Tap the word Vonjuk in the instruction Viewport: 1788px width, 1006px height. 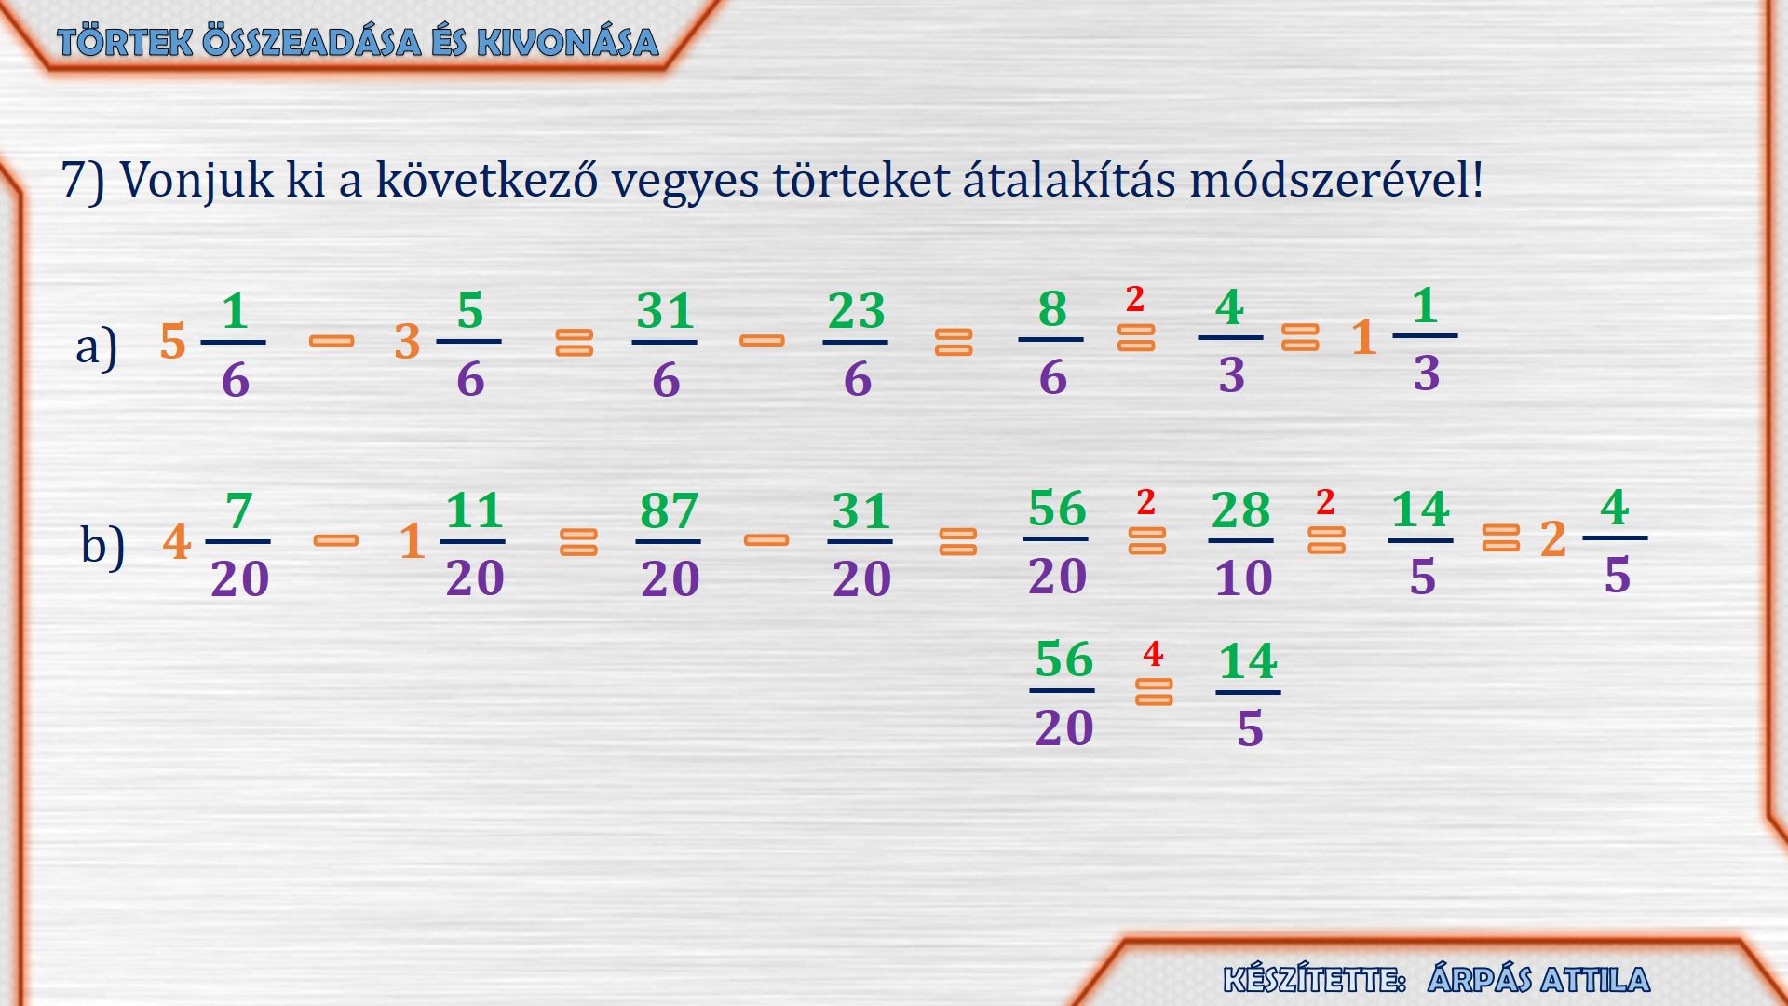pos(197,181)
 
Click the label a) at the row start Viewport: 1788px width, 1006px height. pos(97,347)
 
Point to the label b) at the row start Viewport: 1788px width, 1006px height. pos(102,545)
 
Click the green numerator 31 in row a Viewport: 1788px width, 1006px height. pos(665,311)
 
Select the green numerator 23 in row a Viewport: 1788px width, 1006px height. pos(856,311)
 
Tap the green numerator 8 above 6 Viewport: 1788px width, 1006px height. pos(1052,308)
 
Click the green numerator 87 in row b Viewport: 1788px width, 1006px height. pos(669,510)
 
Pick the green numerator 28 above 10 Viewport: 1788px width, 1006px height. pos(1240,510)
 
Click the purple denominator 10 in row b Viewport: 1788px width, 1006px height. pos(1243,578)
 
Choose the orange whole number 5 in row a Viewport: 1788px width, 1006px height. pos(173,342)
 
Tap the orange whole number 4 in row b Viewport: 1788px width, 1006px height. pos(177,541)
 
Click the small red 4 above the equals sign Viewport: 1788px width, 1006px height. pos(1153,654)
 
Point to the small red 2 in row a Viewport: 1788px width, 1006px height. pos(1134,299)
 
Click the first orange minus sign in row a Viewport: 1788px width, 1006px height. pos(332,342)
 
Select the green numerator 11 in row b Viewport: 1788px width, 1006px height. pos(474,510)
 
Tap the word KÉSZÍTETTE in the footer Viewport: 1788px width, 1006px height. pos(1314,980)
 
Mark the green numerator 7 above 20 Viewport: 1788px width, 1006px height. pos(239,511)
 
